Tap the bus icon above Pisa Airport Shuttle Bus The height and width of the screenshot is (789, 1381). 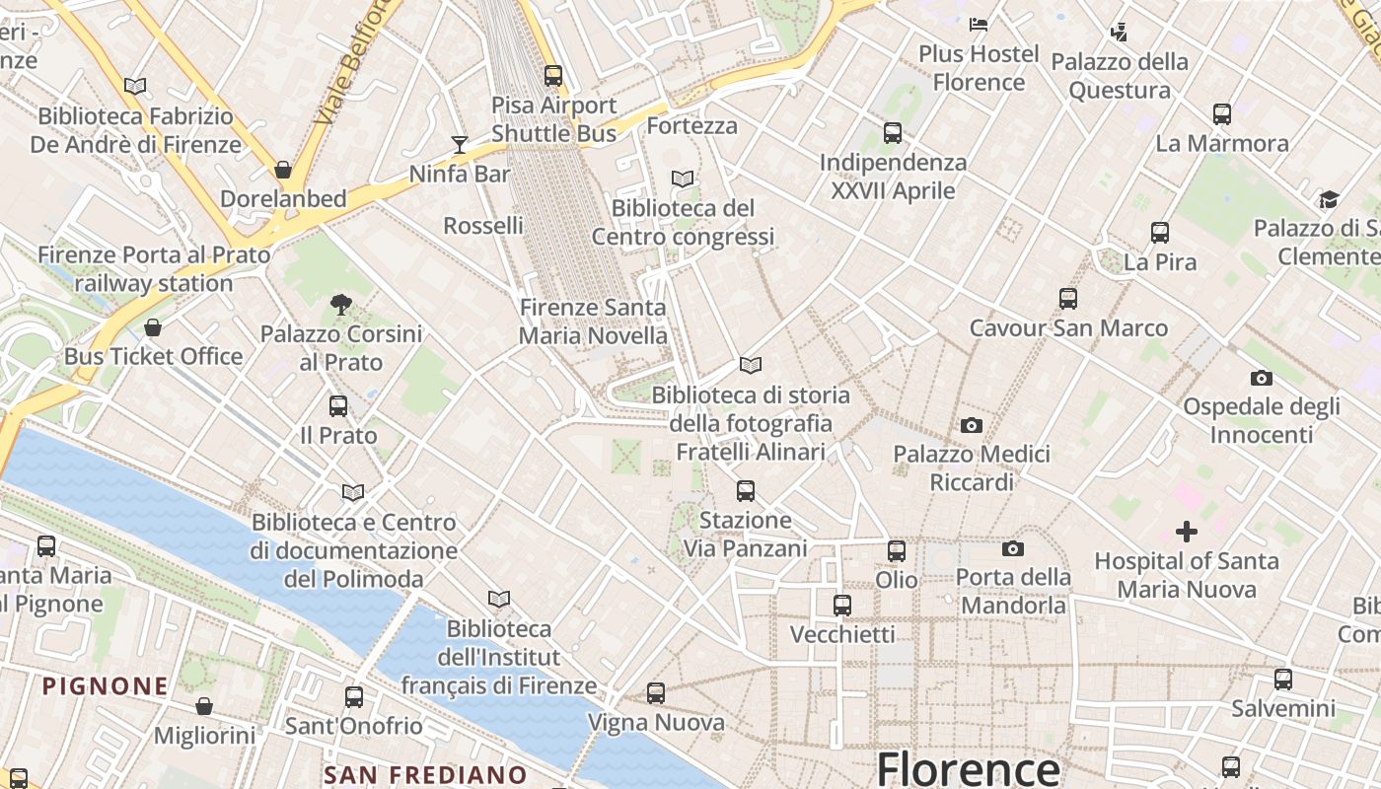coord(553,75)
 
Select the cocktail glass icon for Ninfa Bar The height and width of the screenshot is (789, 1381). coord(460,145)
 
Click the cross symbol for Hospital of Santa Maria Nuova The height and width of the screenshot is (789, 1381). coord(1187,533)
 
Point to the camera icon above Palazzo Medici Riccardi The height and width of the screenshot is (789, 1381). coord(972,426)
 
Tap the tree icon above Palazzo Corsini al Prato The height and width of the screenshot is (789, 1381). coord(341,304)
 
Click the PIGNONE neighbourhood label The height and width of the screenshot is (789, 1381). coord(106,684)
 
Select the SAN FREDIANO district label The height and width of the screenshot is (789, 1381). coord(425,775)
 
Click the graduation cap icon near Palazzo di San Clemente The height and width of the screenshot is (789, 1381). coord(1329,200)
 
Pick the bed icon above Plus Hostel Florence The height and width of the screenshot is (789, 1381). coord(979,25)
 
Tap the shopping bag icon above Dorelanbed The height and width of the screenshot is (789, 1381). coord(283,170)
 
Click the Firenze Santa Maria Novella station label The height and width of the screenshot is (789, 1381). coord(593,322)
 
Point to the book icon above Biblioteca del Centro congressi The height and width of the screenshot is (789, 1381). coord(683,179)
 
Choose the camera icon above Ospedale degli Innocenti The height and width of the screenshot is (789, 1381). coord(1261,378)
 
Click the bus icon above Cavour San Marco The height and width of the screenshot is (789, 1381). coord(1067,299)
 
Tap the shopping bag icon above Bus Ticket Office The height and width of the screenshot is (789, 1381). coord(153,327)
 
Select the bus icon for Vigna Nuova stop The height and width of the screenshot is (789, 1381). coord(656,693)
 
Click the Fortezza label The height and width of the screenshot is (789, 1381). coord(691,126)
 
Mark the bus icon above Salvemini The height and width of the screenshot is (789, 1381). coord(1282,679)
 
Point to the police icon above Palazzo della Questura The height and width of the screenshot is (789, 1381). coord(1119,33)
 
